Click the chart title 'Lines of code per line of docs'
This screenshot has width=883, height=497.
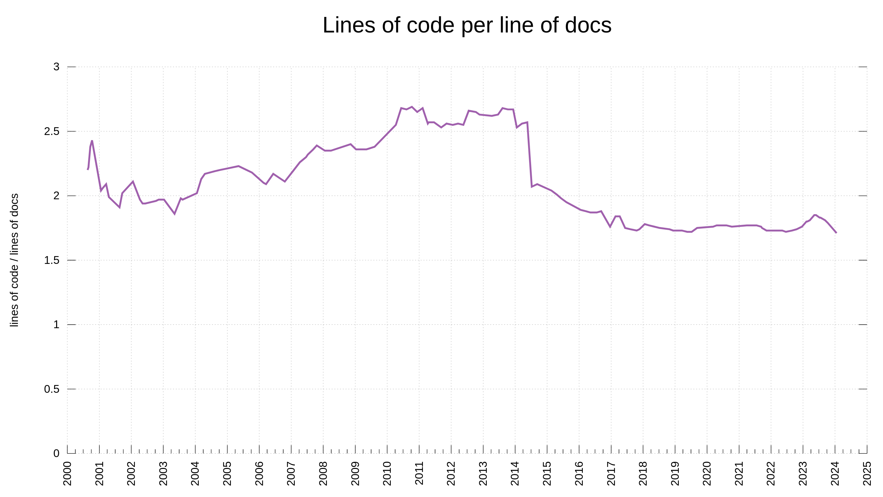(x=467, y=25)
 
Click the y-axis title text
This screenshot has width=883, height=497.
(x=14, y=260)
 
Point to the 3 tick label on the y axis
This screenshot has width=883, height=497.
(x=56, y=67)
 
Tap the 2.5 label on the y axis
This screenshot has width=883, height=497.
(x=52, y=131)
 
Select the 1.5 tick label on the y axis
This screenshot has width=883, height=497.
(x=52, y=260)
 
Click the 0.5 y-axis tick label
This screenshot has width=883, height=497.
(x=52, y=389)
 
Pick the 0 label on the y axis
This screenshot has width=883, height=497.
(x=56, y=453)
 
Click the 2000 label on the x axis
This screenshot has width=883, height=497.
(x=68, y=474)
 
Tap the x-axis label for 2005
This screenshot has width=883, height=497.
(x=227, y=474)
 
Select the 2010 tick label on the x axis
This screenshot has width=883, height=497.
(x=387, y=474)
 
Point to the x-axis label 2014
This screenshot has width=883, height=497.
(x=515, y=474)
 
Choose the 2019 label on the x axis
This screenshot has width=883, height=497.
(x=675, y=474)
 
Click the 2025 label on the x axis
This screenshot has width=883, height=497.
(x=867, y=474)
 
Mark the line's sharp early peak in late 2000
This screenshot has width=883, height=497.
(x=92, y=141)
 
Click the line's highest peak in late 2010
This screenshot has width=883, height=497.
(x=412, y=107)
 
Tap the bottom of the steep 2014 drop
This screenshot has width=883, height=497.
(x=532, y=187)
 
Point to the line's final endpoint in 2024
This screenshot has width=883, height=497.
(x=836, y=233)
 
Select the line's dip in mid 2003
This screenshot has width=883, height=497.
(x=174, y=214)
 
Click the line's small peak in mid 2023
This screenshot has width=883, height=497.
(x=815, y=215)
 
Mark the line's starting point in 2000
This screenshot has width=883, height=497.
(x=88, y=170)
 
